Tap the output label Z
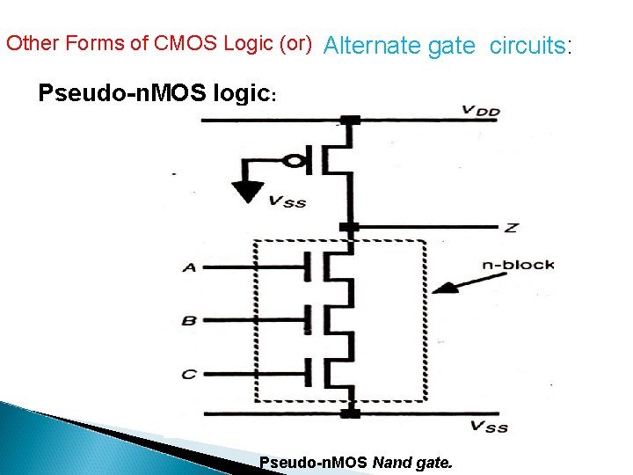pos(511,228)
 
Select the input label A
pos(189,267)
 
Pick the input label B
pos(189,321)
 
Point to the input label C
pos(189,374)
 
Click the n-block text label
pos(519,265)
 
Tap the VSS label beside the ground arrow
pos(287,201)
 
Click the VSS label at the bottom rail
pos(489,427)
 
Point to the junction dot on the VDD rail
pos(351,120)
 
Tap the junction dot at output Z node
pos(351,227)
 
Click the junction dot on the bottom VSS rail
pos(351,412)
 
